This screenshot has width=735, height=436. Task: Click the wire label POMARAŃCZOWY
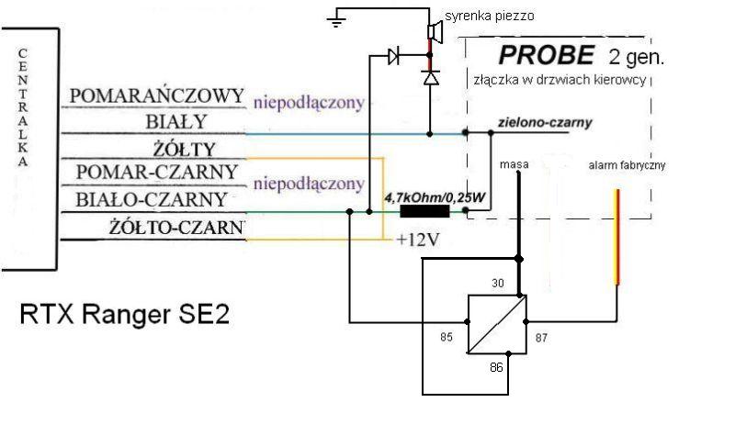click(x=157, y=95)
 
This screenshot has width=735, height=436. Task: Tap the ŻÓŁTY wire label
click(x=185, y=149)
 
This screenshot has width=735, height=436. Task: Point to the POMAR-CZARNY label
click(x=157, y=173)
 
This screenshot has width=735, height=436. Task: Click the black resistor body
click(x=425, y=212)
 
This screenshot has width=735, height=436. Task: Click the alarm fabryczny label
click(x=627, y=165)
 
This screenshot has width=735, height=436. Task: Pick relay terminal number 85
click(x=447, y=336)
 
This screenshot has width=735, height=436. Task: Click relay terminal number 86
click(x=497, y=366)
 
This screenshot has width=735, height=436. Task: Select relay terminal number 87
click(x=540, y=337)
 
